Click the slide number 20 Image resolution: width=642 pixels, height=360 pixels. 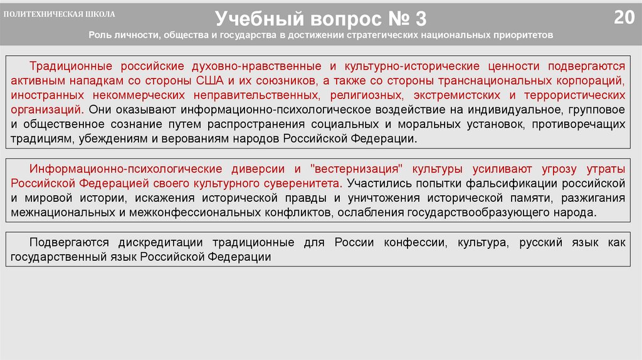pyautogui.click(x=624, y=17)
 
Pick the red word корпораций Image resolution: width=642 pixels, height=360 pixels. pyautogui.click(x=589, y=81)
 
